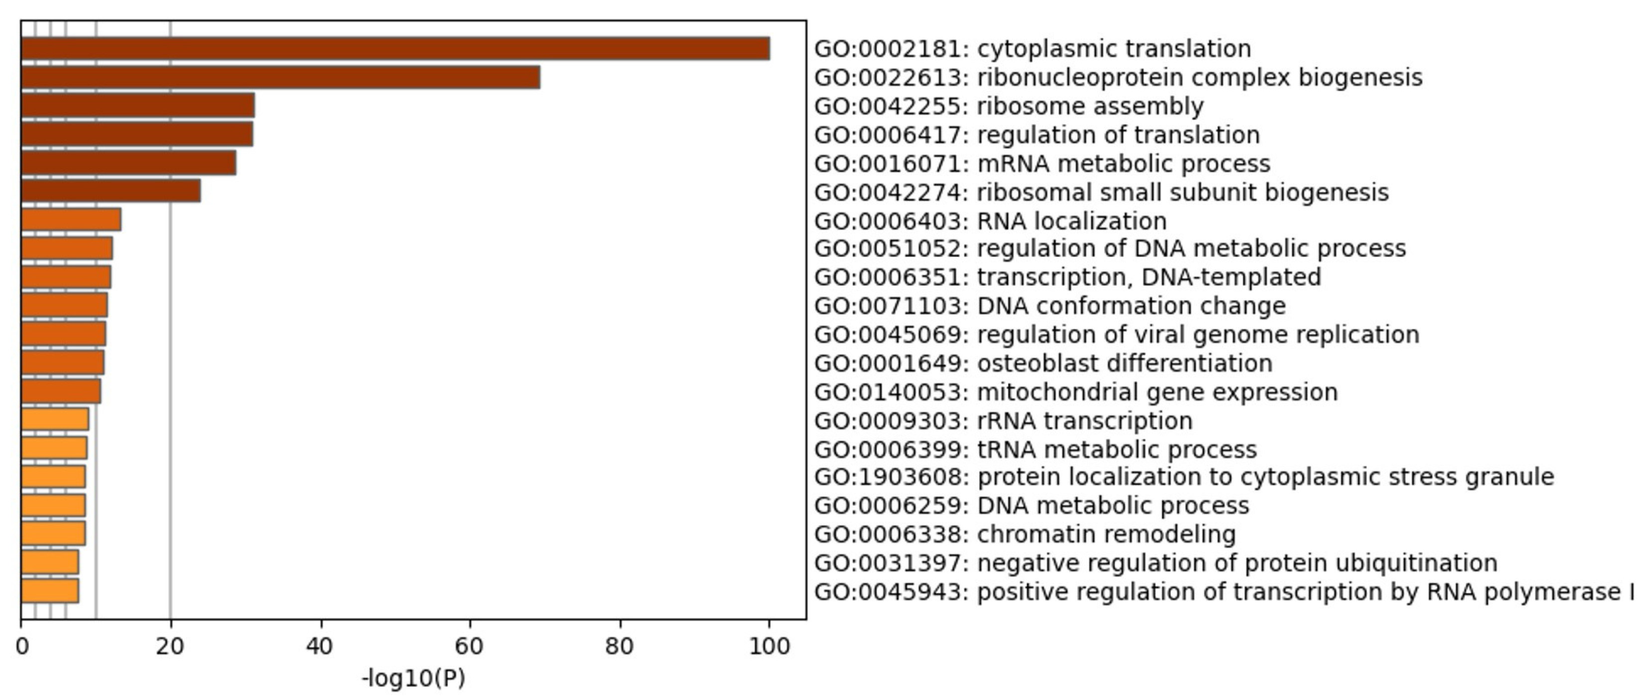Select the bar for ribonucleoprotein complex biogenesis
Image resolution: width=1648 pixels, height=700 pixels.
pyautogui.click(x=280, y=78)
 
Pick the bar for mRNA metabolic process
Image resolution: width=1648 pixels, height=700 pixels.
pyautogui.click(x=128, y=162)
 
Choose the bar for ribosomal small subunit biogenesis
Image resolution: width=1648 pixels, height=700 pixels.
pyautogui.click(x=110, y=191)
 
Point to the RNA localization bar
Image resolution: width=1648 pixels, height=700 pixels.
pyautogui.click(x=71, y=220)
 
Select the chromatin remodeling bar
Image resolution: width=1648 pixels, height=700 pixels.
pyautogui.click(x=53, y=534)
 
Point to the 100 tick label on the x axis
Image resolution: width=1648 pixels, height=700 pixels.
pyautogui.click(x=769, y=647)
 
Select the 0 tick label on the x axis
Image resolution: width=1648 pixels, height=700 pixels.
pyautogui.click(x=22, y=647)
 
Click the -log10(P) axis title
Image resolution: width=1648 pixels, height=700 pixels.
pyautogui.click(x=413, y=678)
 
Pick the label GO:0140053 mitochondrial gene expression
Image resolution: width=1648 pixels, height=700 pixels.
pyautogui.click(x=1075, y=392)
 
